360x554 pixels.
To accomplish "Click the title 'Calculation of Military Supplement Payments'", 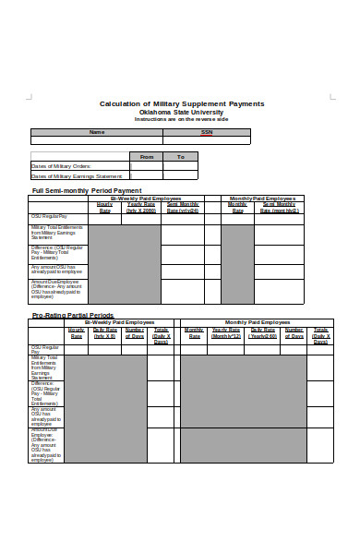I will pos(182,103).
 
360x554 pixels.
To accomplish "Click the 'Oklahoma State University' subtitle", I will pos(181,112).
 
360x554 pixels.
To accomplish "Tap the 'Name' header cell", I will pos(97,132).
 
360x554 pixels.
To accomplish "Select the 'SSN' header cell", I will pos(207,132).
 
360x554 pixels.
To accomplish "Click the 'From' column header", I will pos(146,157).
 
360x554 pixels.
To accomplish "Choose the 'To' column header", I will pos(181,157).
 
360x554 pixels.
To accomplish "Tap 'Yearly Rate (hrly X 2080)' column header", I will pos(141,207).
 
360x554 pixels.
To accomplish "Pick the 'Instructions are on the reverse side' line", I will pos(181,119).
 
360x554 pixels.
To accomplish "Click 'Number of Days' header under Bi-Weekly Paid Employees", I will pos(134,332).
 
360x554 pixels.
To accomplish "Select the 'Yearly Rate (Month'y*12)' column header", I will pos(226,332).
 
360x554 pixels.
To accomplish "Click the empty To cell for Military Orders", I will pos(181,166).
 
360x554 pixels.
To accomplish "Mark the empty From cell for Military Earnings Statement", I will pos(146,175).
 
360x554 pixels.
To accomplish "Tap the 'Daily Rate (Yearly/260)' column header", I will pos(261,332).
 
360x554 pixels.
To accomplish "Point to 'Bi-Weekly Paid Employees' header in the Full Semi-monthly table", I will pos(146,198).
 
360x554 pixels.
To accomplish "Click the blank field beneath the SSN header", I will pos(207,140).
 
